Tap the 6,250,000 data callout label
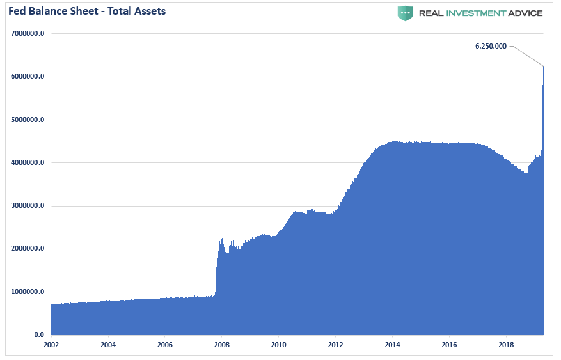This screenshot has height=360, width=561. coord(491,46)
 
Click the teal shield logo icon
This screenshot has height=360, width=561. coord(405,13)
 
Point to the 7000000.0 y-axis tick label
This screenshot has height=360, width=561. coord(28,33)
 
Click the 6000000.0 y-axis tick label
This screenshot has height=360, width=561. coord(28,77)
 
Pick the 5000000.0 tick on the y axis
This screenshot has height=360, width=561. coord(28,120)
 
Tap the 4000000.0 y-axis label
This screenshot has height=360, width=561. coord(28,162)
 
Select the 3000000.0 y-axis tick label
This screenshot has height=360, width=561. coord(28,206)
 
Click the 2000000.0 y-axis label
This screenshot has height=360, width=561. coord(28,249)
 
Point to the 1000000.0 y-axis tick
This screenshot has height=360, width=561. coord(28,292)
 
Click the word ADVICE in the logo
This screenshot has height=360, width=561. coord(526,13)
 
